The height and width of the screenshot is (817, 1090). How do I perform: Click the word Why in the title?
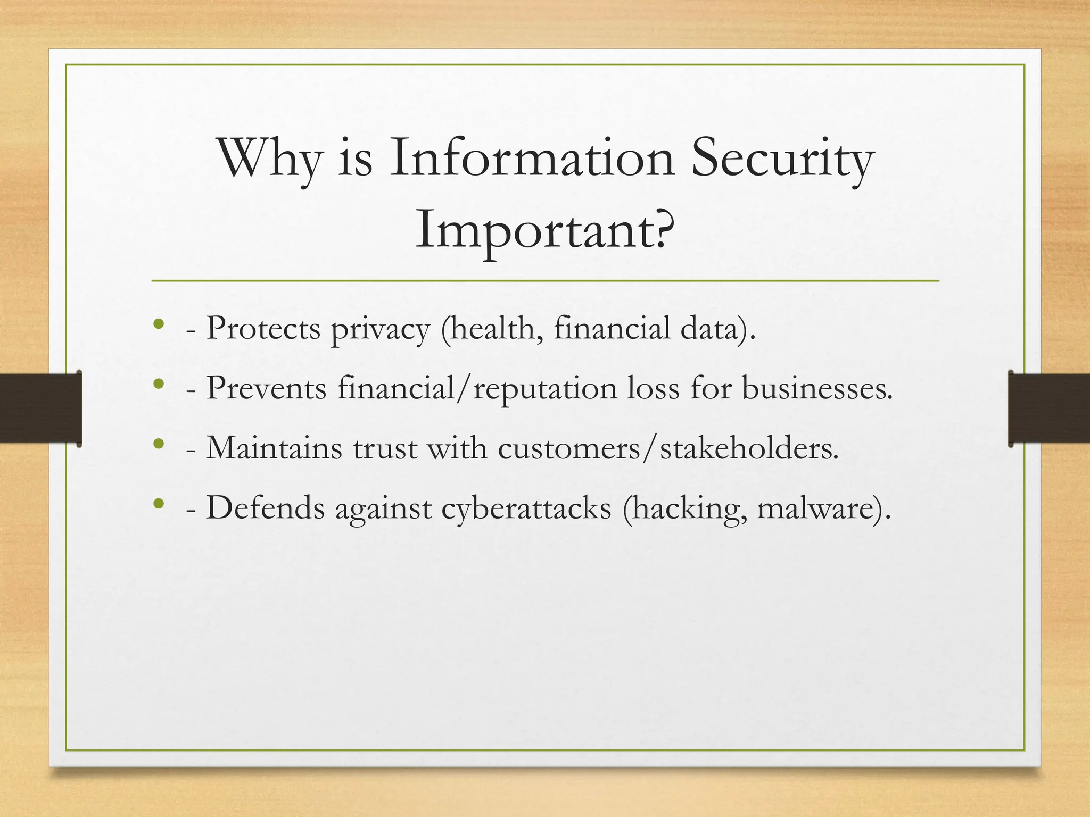click(x=270, y=160)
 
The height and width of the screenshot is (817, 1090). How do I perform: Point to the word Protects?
click(x=263, y=328)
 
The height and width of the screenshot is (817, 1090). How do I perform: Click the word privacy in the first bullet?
click(x=380, y=330)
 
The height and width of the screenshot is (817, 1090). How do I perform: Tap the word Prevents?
click(x=266, y=388)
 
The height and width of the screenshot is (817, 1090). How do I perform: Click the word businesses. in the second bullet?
click(x=817, y=388)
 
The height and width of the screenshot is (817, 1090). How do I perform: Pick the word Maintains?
click(x=274, y=448)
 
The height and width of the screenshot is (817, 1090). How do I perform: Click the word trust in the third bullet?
click(x=385, y=449)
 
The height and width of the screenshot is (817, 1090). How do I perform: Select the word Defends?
click(x=265, y=508)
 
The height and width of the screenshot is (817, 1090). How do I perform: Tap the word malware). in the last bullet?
click(x=823, y=508)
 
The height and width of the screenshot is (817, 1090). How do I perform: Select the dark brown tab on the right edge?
click(x=1048, y=408)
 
